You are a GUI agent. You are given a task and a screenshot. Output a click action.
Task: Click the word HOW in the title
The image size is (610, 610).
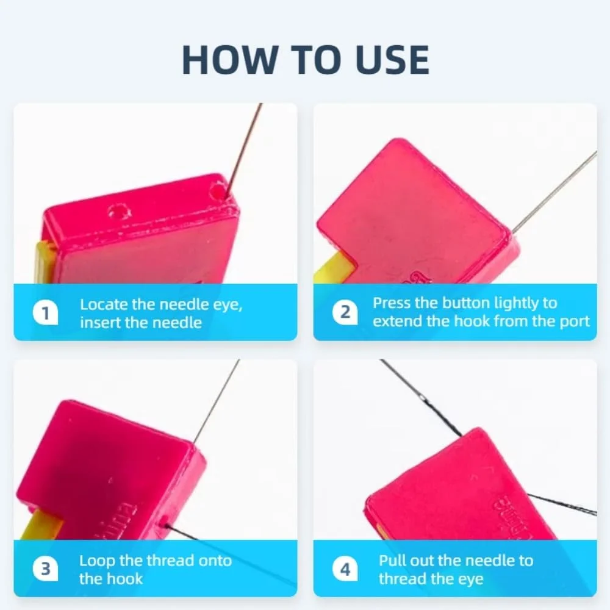click(229, 60)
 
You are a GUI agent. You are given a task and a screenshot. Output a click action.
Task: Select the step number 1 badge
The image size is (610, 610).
click(45, 312)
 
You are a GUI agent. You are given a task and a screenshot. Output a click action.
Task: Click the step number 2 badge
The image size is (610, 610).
click(345, 312)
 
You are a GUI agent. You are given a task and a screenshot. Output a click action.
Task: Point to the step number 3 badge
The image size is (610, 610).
click(45, 569)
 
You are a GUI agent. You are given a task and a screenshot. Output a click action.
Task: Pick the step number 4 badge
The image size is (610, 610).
click(345, 569)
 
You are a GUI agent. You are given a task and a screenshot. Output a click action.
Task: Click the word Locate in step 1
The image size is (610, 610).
click(104, 304)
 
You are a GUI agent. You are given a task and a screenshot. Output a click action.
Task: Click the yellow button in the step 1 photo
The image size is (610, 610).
click(42, 262)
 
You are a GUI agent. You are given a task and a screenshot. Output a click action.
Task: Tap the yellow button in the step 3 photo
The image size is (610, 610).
click(41, 525)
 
